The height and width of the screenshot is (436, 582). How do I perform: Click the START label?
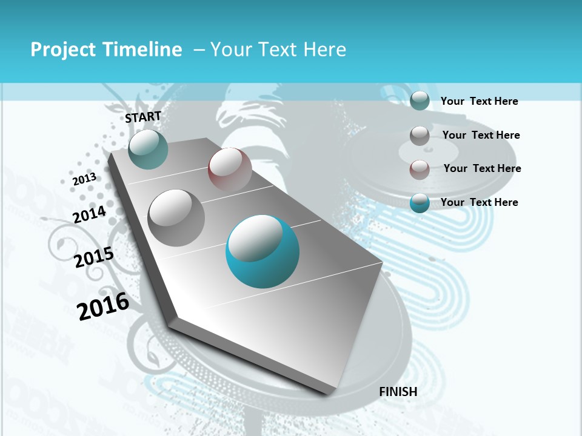point(143,117)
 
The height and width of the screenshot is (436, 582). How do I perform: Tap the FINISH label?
point(398,392)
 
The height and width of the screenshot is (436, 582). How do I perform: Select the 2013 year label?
point(84,179)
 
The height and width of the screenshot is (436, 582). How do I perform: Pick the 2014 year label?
point(90,214)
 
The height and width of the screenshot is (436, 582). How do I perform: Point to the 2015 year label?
point(94,257)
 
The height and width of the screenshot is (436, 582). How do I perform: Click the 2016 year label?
point(103,306)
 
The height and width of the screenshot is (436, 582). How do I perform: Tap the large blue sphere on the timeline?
point(263,251)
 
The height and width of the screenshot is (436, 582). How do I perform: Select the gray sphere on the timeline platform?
point(176,217)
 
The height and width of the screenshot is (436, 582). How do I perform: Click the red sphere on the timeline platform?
point(230,169)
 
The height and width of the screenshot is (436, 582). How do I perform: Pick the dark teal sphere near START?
point(148,149)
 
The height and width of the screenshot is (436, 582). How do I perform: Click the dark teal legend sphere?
point(420,101)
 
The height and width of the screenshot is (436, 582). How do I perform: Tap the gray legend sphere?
point(420,135)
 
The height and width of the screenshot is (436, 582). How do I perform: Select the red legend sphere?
point(420,169)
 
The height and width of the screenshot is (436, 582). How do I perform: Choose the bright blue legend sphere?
point(420,203)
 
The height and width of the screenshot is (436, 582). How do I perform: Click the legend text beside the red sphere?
point(482,168)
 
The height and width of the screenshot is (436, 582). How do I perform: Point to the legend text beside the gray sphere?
point(481,135)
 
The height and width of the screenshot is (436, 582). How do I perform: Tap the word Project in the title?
point(62,50)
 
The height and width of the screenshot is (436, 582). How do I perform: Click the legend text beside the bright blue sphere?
point(479,202)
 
